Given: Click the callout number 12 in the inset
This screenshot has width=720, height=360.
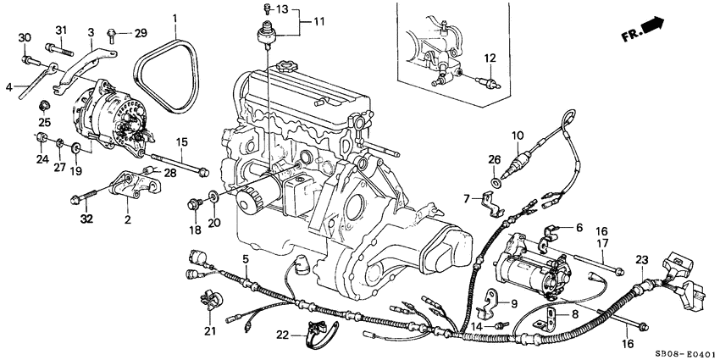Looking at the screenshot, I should tap(490, 58).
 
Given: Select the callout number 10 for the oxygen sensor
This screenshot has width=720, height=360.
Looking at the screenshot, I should tap(518, 134).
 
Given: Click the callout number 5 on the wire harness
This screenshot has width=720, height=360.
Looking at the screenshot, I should tap(245, 259).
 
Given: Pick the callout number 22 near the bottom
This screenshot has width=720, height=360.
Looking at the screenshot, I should tap(284, 336).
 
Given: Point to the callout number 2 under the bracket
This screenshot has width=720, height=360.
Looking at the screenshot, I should tap(127, 221).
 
